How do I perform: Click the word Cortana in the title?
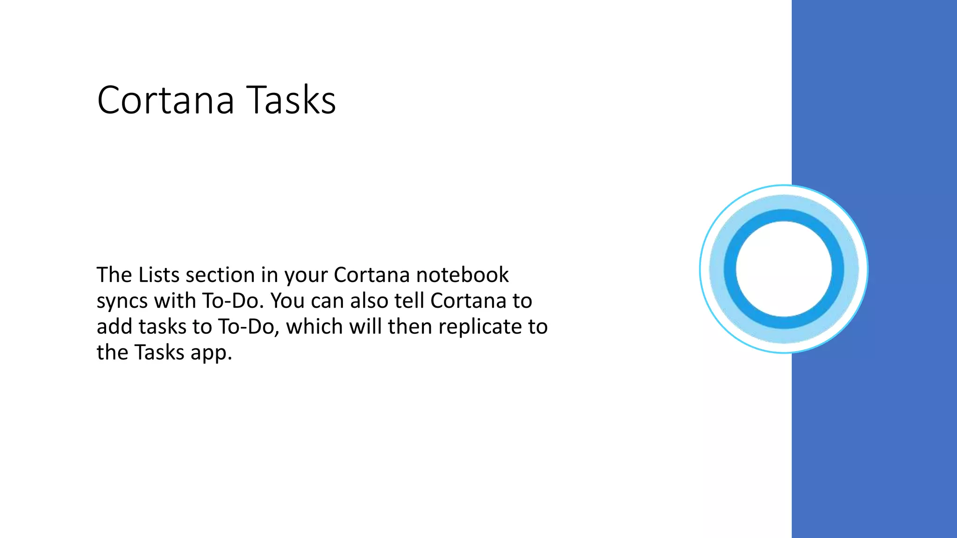tap(165, 100)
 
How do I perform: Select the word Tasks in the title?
tap(291, 100)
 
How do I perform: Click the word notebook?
tap(462, 275)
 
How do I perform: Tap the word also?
tap(369, 301)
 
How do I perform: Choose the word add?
tap(114, 326)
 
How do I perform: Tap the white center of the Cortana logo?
tap(784, 269)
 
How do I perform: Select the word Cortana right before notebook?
tap(371, 275)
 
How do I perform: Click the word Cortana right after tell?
tap(468, 301)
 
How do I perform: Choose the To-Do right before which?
tap(249, 326)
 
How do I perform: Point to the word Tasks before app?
tap(159, 353)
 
